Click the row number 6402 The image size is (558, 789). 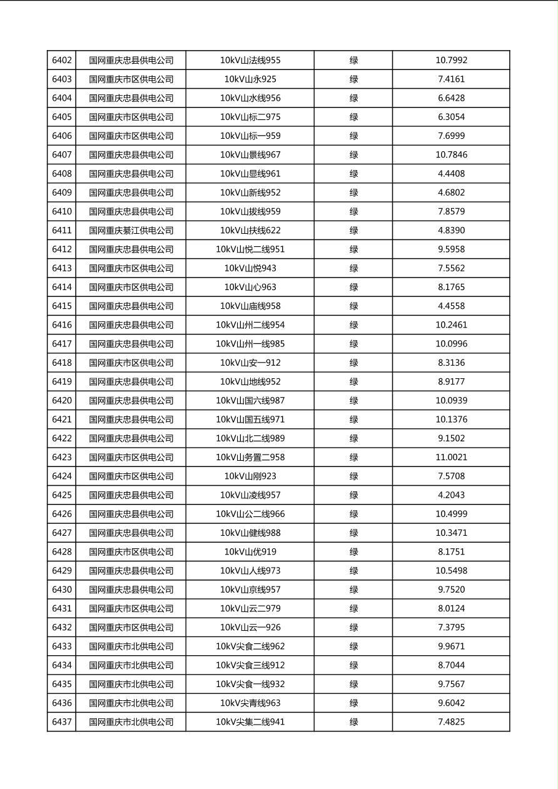point(62,61)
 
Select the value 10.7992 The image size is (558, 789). point(451,61)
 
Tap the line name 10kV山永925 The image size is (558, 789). point(250,79)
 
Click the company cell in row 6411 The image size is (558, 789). point(131,231)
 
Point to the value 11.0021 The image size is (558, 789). point(451,458)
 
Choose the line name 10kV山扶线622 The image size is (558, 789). point(250,231)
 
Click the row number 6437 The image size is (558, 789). point(62,722)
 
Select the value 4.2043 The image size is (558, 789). point(451,495)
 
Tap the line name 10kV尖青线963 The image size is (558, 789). point(250,703)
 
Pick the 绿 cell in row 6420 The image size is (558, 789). point(353,401)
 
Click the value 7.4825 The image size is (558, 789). point(451,722)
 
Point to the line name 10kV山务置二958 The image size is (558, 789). point(250,458)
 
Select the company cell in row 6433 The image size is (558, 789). point(131,646)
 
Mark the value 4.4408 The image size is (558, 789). point(451,174)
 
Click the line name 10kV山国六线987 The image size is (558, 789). point(250,401)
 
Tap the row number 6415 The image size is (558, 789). point(62,306)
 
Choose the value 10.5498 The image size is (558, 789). point(451,571)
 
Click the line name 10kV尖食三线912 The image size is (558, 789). point(250,665)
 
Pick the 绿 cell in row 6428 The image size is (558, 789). point(353,552)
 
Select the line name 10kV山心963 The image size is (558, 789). point(250,288)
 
